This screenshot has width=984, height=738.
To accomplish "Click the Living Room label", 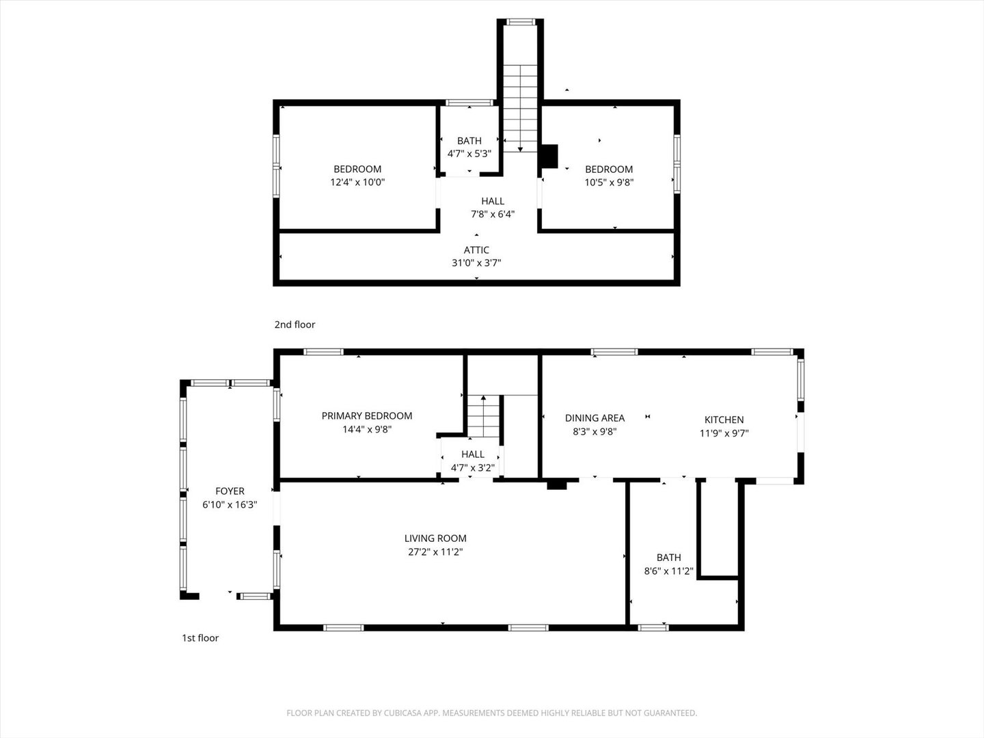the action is [435, 538].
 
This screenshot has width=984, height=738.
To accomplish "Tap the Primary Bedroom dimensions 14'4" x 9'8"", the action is [367, 429].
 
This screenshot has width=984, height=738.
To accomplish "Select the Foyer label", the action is [230, 491].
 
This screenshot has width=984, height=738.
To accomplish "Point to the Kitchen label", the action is [724, 420].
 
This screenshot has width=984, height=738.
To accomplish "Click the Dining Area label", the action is [594, 418].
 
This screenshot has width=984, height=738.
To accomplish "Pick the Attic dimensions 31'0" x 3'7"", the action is [476, 262].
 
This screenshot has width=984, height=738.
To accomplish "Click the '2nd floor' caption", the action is [295, 325].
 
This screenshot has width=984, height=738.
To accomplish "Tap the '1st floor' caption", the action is [200, 638].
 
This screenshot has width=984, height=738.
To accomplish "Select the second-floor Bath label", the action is [469, 141].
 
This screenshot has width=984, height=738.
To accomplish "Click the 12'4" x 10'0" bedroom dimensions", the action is [357, 182].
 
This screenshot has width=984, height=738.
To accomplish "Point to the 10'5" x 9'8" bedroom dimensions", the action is [609, 182].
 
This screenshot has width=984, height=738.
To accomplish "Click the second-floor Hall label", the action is [493, 201].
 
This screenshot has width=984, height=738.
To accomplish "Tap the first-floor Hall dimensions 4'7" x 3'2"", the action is [472, 468].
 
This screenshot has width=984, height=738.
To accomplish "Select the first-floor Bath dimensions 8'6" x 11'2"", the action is [668, 571].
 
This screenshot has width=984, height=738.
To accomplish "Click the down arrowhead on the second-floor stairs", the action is [520, 149].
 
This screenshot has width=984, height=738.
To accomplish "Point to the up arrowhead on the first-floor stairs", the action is [483, 398].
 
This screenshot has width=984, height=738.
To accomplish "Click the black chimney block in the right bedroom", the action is [549, 156].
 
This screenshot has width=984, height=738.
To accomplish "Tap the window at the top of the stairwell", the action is [521, 21].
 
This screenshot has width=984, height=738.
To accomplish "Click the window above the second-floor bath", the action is [469, 102].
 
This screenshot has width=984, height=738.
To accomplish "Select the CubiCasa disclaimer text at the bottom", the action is [492, 713].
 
